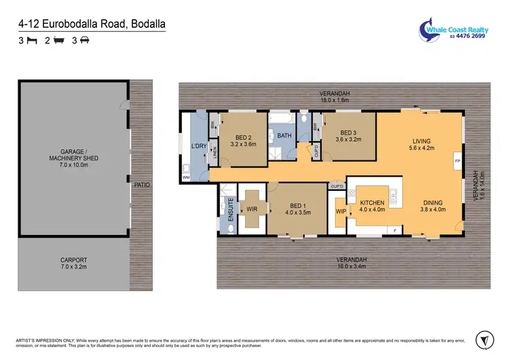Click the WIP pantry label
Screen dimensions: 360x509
(341, 211)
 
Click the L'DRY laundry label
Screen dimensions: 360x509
(198, 146)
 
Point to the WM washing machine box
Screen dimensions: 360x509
(186, 177)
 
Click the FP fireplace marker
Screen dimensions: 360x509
(457, 161)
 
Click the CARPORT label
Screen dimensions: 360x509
(73, 263)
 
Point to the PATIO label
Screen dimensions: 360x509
(142, 185)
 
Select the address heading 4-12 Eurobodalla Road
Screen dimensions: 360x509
(92, 24)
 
